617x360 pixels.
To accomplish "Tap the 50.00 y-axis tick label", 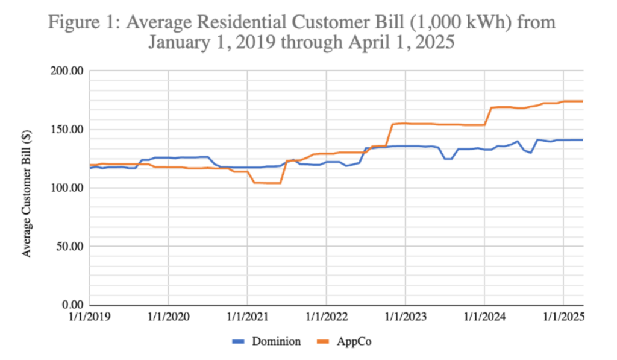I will [x=70, y=247].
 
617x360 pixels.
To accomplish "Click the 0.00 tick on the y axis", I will [x=73, y=305].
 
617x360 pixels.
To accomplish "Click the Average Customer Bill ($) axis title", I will [x=27, y=188].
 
